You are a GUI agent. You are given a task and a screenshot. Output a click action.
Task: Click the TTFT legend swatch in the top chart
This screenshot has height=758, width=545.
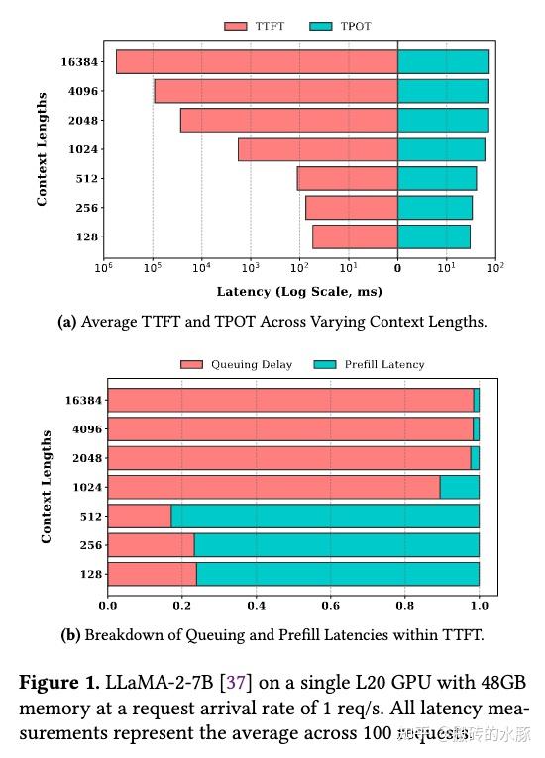tap(236, 27)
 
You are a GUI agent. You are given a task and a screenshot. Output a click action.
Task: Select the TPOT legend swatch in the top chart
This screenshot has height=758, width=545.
tap(323, 27)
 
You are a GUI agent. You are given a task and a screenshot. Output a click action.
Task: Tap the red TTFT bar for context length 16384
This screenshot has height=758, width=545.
tap(257, 61)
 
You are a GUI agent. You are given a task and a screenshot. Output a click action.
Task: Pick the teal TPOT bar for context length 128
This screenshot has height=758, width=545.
tap(433, 237)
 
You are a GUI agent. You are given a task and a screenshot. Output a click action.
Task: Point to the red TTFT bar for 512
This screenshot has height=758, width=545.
tap(347, 179)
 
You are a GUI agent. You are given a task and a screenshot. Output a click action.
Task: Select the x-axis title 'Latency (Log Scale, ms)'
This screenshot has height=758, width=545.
tap(299, 292)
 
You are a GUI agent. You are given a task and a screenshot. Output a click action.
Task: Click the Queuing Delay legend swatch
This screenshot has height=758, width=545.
tap(192, 364)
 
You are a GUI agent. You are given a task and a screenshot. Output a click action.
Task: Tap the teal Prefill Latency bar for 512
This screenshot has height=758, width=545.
tap(325, 516)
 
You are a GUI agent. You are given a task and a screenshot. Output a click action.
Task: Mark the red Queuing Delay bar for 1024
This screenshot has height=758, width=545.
tap(273, 487)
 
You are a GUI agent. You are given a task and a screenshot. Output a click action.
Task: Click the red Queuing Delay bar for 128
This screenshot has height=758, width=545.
tap(152, 574)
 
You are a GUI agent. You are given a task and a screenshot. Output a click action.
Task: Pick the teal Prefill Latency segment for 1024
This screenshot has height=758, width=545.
tap(460, 487)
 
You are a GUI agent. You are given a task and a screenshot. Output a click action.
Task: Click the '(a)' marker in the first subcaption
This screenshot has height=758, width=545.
tap(68, 322)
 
